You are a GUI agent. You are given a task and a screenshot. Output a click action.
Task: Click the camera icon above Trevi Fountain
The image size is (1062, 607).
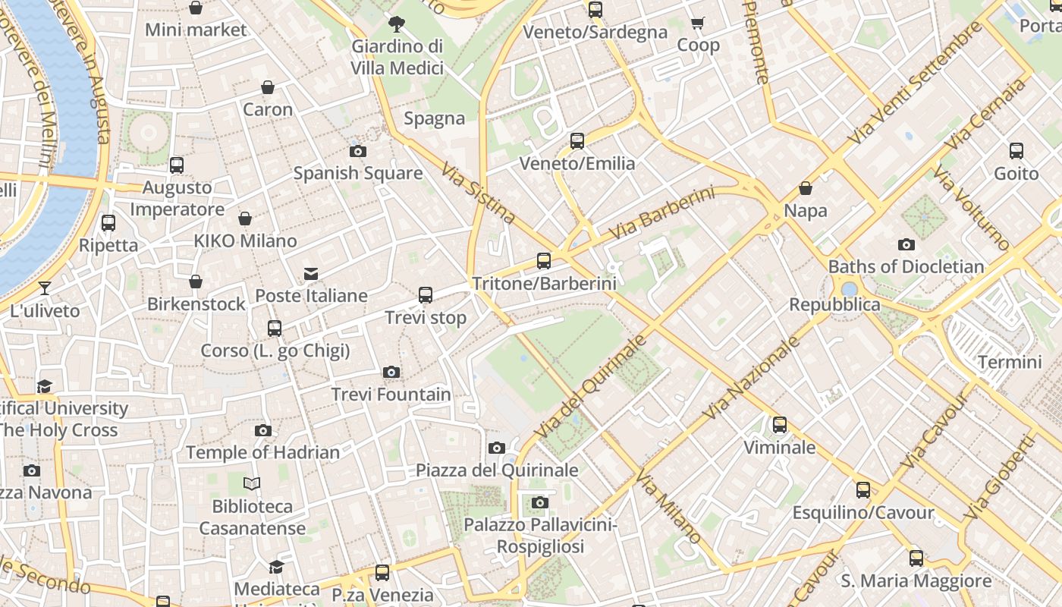391,372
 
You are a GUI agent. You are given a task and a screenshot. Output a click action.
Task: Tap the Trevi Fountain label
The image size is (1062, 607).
391,395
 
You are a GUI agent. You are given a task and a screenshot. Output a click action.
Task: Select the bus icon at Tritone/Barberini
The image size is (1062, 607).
544,261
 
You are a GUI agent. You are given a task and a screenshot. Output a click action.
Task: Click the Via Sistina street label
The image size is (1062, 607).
478,195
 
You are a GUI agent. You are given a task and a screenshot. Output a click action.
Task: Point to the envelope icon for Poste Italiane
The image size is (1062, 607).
311,274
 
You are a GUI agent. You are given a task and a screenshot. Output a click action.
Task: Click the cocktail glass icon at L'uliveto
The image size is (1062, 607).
45,288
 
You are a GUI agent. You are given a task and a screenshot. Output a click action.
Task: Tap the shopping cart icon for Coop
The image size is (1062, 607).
698,24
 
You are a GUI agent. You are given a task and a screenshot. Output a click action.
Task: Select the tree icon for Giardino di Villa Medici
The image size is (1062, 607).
396,24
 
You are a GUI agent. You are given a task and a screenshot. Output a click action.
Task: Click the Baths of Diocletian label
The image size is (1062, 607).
906,267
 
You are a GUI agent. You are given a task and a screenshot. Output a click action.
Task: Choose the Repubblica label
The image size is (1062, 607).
834,305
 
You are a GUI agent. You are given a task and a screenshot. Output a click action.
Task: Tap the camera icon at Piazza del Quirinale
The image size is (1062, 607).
497,448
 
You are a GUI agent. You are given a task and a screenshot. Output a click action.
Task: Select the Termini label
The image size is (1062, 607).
1009,362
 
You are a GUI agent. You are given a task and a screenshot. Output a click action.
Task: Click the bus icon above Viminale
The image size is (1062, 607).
780,425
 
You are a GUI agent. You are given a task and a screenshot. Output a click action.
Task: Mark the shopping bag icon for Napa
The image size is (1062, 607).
806,188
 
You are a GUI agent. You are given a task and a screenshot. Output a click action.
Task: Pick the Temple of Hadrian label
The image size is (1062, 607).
262,453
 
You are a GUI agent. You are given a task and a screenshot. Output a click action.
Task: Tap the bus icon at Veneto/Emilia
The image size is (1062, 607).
577,141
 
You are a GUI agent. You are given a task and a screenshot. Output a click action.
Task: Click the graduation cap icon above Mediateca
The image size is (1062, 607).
277,567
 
